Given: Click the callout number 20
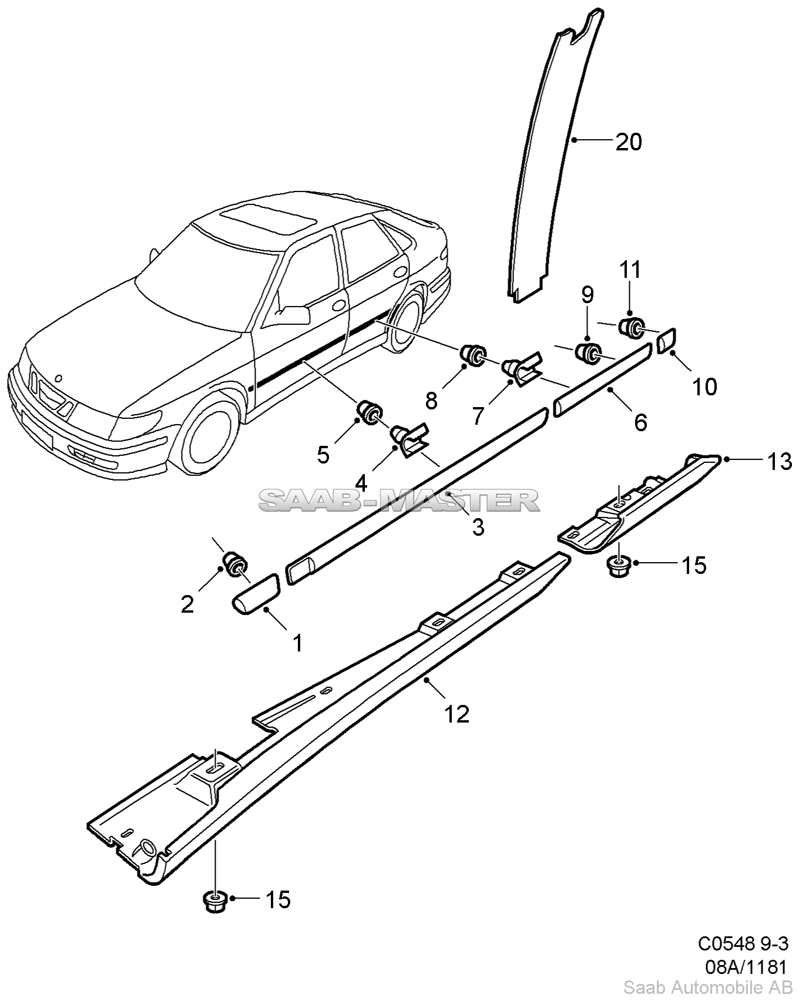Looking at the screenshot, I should click(x=628, y=142).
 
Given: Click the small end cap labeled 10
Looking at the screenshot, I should click(x=666, y=340).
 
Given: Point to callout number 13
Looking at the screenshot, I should click(x=780, y=462).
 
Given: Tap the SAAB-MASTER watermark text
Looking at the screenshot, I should click(x=399, y=500).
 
